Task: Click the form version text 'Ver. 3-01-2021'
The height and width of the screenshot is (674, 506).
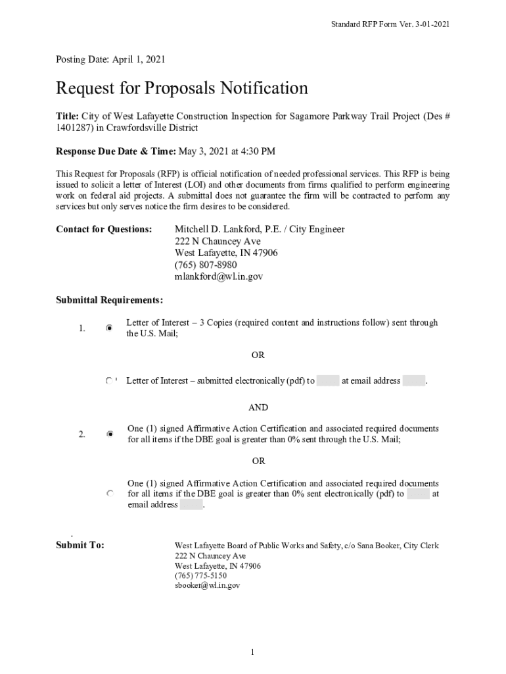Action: [421, 24]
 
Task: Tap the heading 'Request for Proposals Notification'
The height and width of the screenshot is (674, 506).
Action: [182, 88]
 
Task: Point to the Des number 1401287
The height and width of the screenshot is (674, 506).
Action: [73, 128]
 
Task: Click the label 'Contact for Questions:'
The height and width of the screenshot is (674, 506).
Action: [104, 229]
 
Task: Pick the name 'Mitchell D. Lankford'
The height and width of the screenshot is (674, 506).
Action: [221, 229]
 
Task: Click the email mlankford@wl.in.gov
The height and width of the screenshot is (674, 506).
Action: [218, 276]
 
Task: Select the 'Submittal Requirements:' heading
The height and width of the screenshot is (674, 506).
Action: [109, 300]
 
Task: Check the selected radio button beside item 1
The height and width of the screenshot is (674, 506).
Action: [110, 327]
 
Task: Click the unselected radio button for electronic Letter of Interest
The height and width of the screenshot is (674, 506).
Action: [110, 381]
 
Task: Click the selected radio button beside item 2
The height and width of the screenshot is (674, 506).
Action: [110, 434]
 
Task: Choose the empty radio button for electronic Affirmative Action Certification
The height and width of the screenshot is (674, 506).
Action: [110, 493]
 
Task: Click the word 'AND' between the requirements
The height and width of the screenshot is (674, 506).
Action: [258, 408]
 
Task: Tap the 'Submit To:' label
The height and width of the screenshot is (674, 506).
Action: [80, 546]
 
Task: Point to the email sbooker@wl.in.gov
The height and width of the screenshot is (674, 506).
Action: [207, 585]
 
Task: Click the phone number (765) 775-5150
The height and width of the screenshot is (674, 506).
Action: [200, 575]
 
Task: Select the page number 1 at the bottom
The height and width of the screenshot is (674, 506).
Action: [252, 652]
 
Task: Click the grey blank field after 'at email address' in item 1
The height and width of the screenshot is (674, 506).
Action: [413, 381]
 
